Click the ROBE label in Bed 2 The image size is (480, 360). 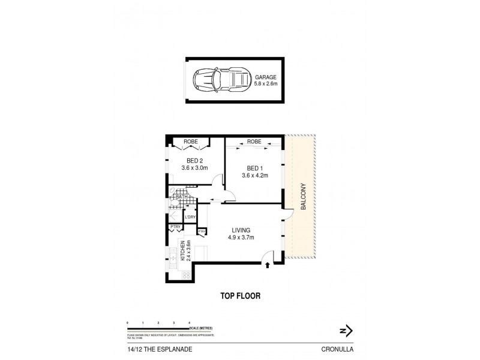190,142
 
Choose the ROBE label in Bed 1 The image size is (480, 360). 254,142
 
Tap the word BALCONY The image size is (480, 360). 304,197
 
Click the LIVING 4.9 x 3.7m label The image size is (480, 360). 242,233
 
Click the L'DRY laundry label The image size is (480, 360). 191,217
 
